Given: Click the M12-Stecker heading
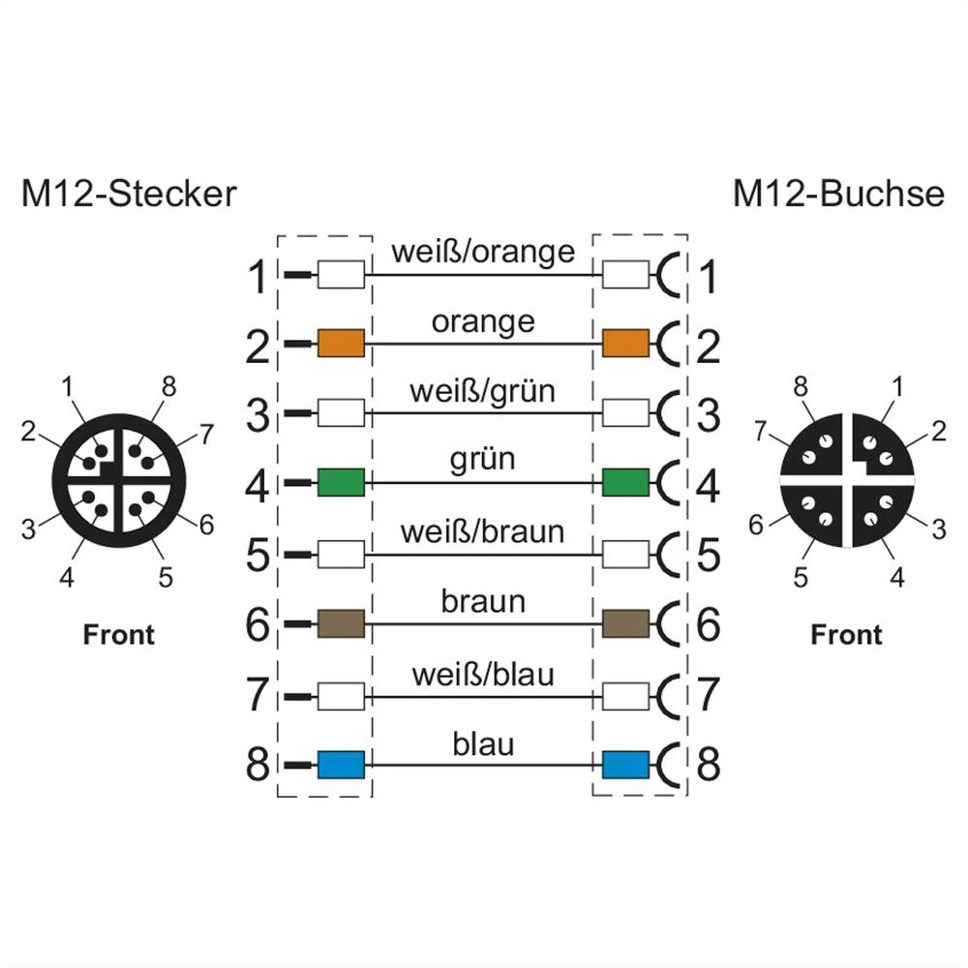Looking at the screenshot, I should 128,194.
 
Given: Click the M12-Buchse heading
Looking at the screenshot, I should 837,194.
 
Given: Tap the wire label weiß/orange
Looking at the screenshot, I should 483,252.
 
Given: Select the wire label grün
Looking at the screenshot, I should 483,458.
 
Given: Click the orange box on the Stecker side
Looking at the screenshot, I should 341,343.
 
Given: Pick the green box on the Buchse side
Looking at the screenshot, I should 625,481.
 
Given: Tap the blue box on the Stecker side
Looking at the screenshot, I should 341,765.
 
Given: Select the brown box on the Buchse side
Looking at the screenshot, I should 625,623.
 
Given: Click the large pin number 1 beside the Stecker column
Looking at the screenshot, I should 257,279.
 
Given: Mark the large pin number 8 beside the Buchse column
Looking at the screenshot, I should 709,765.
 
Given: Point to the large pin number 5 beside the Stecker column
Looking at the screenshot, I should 257,557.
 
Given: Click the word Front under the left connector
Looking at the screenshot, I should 119,635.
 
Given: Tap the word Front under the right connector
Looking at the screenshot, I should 846,635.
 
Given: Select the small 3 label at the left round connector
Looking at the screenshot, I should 28,529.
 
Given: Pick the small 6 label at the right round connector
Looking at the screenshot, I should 756,525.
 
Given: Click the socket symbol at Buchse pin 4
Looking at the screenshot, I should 668,481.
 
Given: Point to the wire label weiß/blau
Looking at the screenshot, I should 483,673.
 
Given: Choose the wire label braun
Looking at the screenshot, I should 483,601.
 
